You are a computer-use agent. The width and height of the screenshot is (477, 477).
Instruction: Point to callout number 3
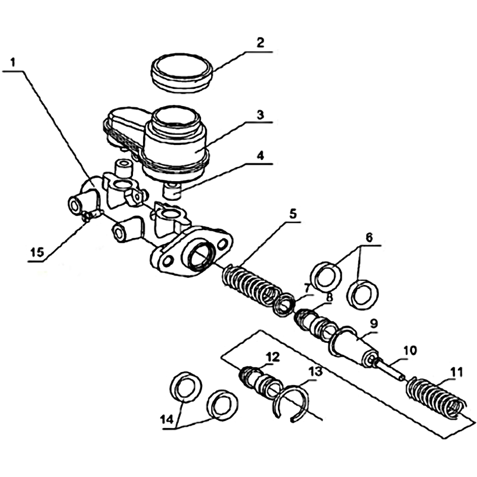pos(260,114)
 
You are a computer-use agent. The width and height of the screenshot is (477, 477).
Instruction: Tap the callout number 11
pos(456,373)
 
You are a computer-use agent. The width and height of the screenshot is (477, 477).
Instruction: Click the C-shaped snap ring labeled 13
pos(291,405)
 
